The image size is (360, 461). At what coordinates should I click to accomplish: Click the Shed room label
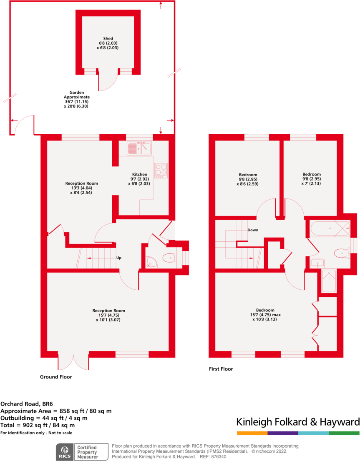pyautogui.click(x=108, y=43)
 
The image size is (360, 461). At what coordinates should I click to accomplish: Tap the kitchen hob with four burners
pyautogui.click(x=161, y=170)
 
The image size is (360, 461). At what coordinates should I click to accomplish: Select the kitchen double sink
pyautogui.click(x=139, y=148)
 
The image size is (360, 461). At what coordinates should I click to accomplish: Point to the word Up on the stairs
pyautogui.click(x=118, y=258)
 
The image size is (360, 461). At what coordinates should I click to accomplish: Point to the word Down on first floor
pyautogui.click(x=253, y=230)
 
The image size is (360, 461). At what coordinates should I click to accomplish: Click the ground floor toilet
pyautogui.click(x=170, y=258)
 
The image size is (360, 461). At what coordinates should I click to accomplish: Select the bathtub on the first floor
pyautogui.click(x=330, y=228)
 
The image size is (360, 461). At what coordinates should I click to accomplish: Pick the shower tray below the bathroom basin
pyautogui.click(x=329, y=281)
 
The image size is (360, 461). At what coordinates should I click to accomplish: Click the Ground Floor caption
pyautogui.click(x=56, y=377)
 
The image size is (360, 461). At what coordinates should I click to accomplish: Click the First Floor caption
pyautogui.click(x=221, y=369)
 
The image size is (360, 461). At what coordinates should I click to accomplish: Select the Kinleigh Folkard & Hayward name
pyautogui.click(x=298, y=421)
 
